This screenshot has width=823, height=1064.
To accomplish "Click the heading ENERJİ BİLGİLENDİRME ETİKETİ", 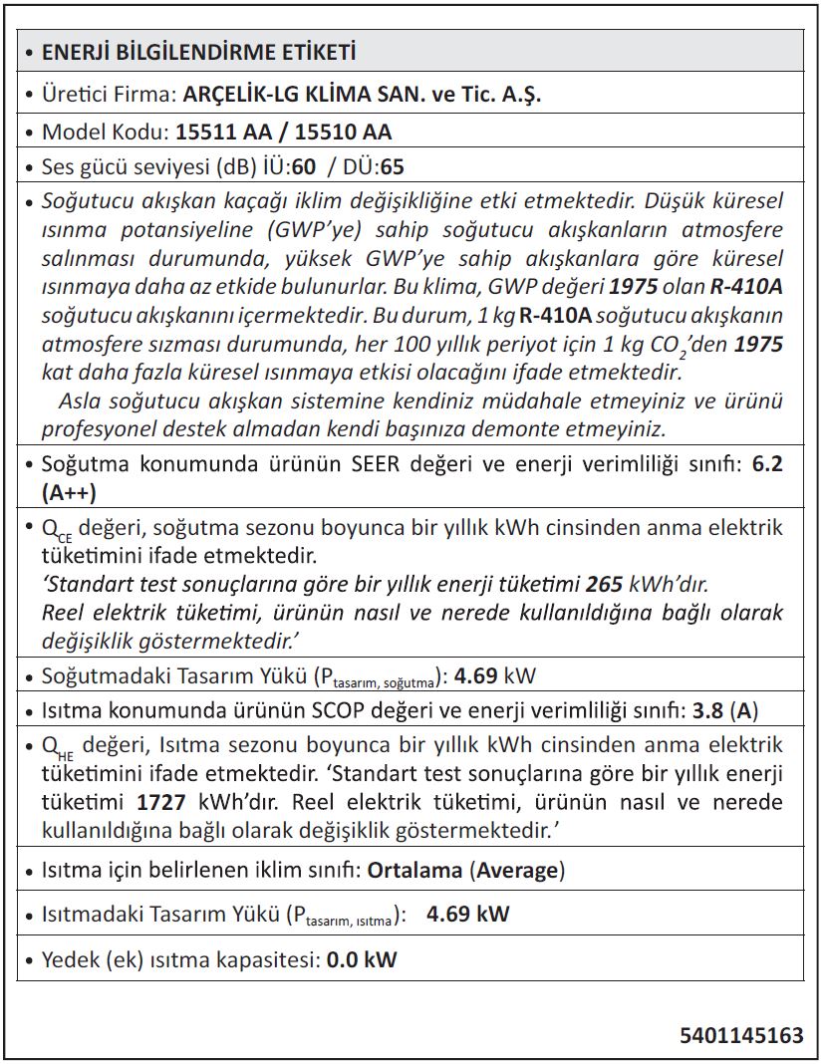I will tap(198, 52).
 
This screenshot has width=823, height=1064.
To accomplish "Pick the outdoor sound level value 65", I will tap(393, 165).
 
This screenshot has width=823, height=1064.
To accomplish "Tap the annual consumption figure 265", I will tap(605, 583).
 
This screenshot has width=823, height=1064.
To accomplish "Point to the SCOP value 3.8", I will tap(708, 711).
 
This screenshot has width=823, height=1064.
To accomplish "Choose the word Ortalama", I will tap(414, 870).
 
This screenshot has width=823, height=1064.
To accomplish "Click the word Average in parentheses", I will tap(518, 870).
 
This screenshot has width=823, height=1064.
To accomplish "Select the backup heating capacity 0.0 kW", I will tap(362, 960).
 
